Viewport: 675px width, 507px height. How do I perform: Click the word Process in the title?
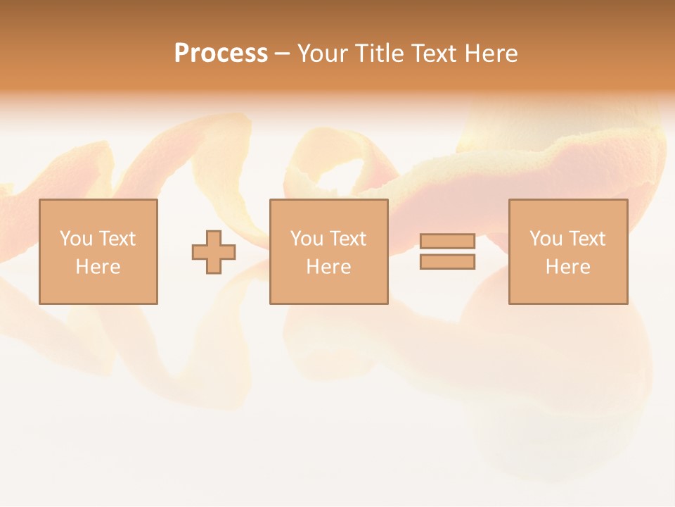(x=221, y=54)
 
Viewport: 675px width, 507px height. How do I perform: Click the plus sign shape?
(x=214, y=251)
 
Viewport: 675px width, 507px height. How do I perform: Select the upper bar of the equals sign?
(x=447, y=241)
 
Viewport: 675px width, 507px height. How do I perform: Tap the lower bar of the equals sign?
(x=447, y=262)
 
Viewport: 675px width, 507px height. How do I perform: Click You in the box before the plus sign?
(x=75, y=239)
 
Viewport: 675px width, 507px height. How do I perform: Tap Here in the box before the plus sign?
(x=98, y=267)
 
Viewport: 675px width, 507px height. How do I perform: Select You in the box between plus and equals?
(x=306, y=239)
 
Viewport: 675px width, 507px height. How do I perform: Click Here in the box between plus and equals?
(x=328, y=267)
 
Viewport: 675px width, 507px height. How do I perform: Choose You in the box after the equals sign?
(x=545, y=239)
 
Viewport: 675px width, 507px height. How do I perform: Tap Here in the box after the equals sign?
(x=567, y=267)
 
